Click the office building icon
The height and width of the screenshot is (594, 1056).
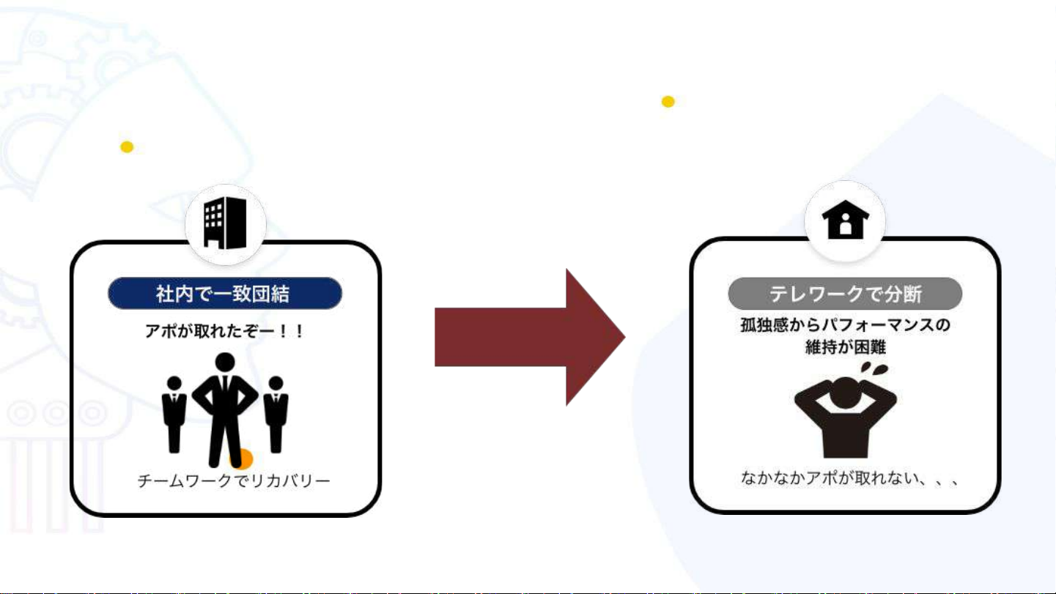pos(225,222)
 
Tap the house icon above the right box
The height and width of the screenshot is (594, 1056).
pos(845,219)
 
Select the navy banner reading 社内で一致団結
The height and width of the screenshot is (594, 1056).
pos(225,294)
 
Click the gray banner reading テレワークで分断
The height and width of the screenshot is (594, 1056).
pos(844,294)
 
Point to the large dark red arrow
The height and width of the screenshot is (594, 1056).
pos(529,337)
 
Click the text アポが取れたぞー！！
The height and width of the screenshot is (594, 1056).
pos(224,332)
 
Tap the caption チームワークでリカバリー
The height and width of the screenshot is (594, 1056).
pos(234,481)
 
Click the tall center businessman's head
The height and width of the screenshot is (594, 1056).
pos(225,362)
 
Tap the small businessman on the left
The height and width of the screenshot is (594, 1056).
pos(174,415)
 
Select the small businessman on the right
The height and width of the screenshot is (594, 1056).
pos(276,415)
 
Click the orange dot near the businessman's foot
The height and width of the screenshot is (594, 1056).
pos(243,460)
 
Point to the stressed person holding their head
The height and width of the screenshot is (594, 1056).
pos(845,417)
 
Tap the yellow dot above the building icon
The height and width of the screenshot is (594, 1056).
pos(127,147)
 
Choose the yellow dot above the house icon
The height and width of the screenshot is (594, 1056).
pos(668,102)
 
